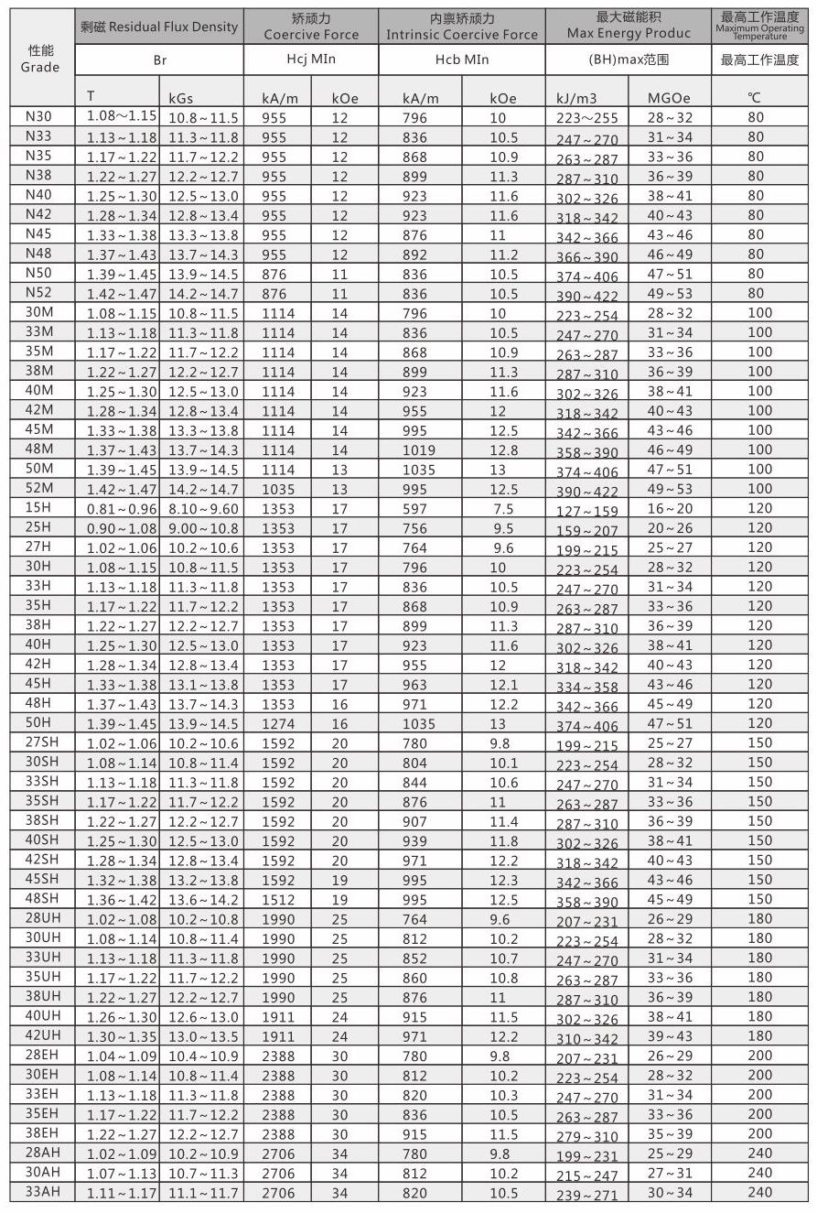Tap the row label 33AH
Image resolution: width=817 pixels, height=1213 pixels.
point(42,1191)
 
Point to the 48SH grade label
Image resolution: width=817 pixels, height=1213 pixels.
point(42,898)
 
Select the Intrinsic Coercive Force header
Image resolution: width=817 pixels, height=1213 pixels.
point(461,35)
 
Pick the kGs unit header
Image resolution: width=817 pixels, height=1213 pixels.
point(180,98)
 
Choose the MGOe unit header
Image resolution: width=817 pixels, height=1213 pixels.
point(669,98)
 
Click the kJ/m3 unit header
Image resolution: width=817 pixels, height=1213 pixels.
point(575,98)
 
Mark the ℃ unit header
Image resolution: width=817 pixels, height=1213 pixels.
point(754,98)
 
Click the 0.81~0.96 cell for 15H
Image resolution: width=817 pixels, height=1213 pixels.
point(122,509)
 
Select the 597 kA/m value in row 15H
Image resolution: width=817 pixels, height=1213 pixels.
point(414,509)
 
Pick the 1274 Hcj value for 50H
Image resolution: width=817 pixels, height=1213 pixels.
point(278,723)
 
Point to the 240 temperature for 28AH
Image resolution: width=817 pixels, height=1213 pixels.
point(759,1153)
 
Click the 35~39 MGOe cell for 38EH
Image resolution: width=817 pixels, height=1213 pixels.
point(670,1133)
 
